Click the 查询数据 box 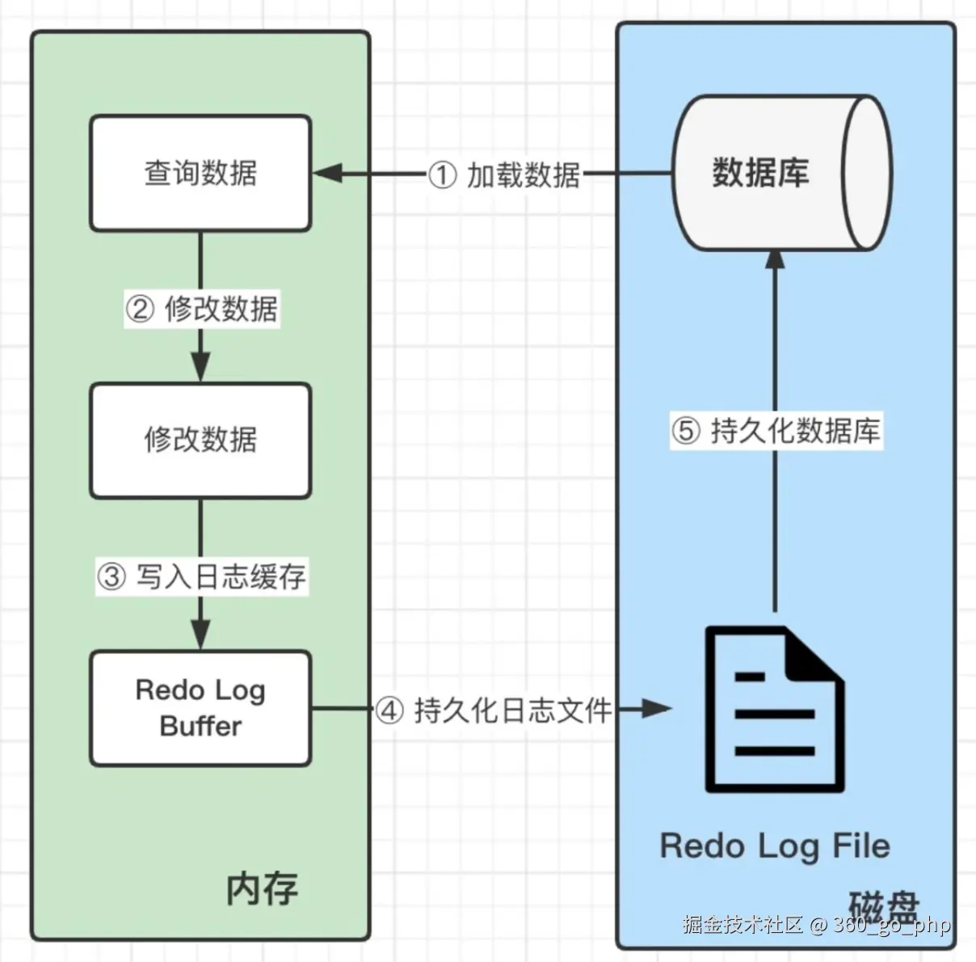click(200, 173)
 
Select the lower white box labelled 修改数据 click(200, 441)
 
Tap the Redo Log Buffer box click(200, 708)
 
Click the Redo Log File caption click(775, 846)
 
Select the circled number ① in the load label click(442, 175)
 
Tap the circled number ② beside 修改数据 click(140, 309)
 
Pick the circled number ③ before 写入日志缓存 click(112, 576)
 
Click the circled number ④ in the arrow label click(389, 711)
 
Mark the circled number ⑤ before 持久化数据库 click(685, 430)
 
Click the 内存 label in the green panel click(262, 889)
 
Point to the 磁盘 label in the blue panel click(884, 905)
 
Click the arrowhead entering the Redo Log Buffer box click(200, 634)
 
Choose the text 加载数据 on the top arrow click(524, 175)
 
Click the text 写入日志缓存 click(221, 576)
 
